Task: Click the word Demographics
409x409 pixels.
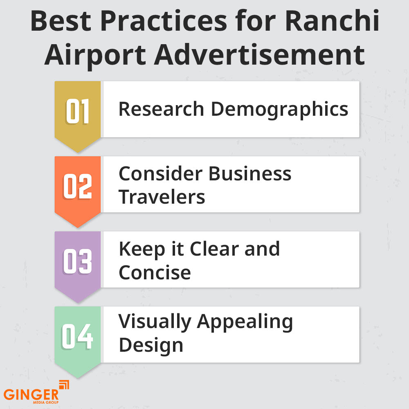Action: (x=280, y=110)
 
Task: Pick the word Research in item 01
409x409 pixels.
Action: (x=161, y=110)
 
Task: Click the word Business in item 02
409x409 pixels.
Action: (x=250, y=174)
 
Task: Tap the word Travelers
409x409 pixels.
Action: (x=162, y=197)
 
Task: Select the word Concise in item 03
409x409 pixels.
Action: (x=155, y=272)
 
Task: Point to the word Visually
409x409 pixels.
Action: (x=154, y=322)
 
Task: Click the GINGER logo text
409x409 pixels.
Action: (x=31, y=395)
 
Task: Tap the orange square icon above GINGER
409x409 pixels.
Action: (x=64, y=385)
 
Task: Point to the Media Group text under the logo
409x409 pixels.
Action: (x=46, y=402)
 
